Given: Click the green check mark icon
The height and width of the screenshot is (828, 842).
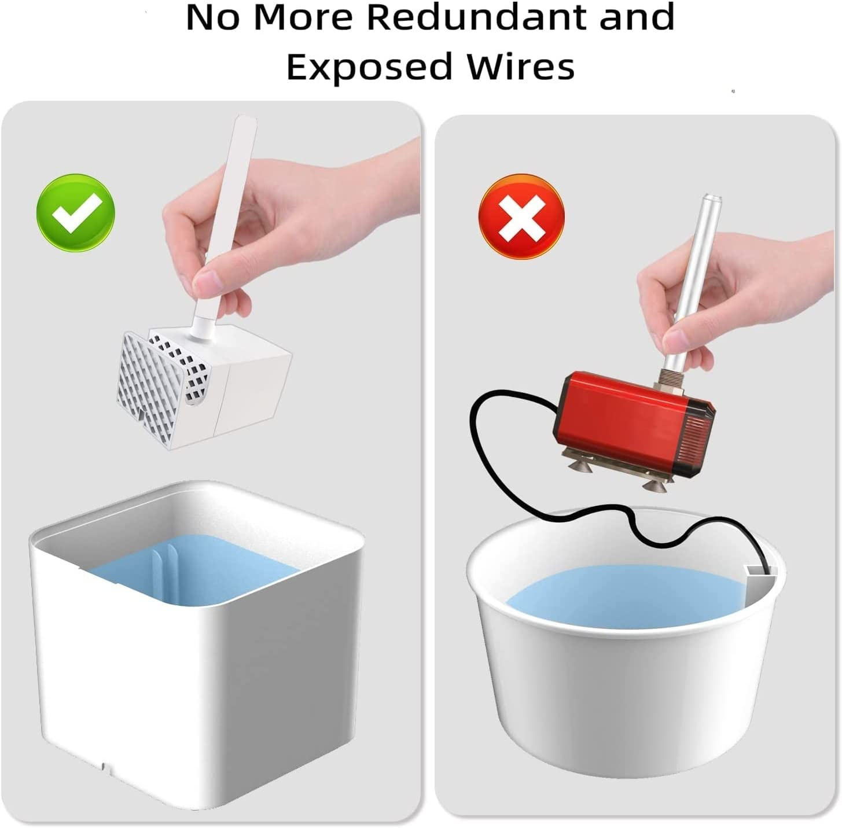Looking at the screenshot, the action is coord(76,213).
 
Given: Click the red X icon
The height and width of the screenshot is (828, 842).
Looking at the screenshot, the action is coord(522,217).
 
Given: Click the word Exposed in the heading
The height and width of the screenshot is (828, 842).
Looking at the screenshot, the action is coord(369,67).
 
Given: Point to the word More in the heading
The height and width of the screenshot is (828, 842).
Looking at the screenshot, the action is coord(303,17).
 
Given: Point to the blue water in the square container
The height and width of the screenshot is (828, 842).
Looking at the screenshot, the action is coord(192,569).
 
